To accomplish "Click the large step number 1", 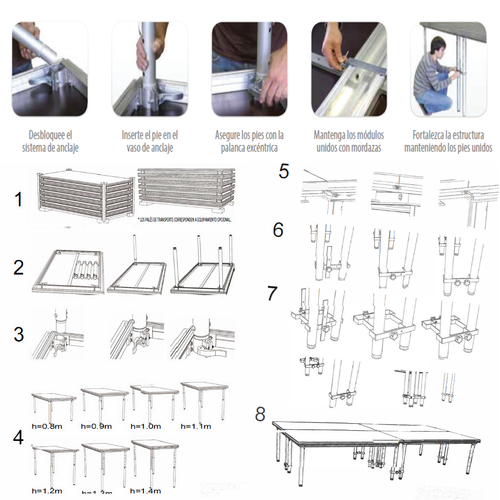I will [19, 200].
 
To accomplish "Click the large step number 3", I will [19, 334].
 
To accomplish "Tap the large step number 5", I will [284, 171].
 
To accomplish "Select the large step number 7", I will [272, 294].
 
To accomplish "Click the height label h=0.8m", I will [47, 427].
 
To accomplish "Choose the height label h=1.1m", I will [196, 426].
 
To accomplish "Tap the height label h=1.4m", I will [146, 490].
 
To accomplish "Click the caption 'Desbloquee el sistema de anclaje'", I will [50, 141].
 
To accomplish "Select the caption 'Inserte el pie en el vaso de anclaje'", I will [150, 141].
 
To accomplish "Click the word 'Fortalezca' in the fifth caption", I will [430, 135].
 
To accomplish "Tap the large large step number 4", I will [19, 437].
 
